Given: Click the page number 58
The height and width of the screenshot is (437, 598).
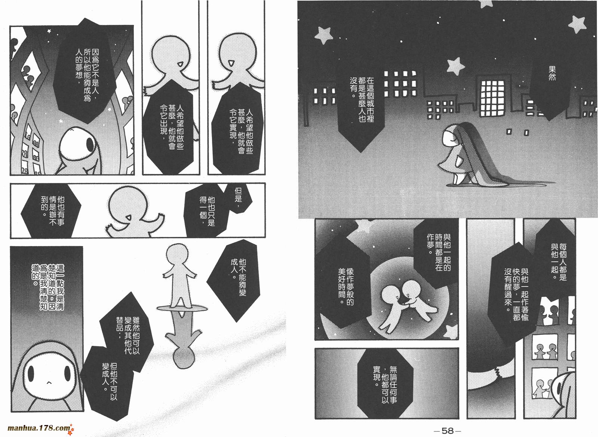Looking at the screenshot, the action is (x=448, y=431).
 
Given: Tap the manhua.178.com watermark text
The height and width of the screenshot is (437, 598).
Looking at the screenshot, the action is (x=39, y=428).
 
